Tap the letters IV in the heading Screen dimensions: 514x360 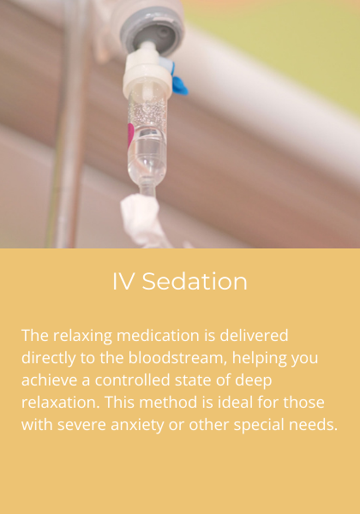124,281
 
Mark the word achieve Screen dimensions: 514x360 47,380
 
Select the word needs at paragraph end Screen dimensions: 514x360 314,424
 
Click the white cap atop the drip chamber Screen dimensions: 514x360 146,81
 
